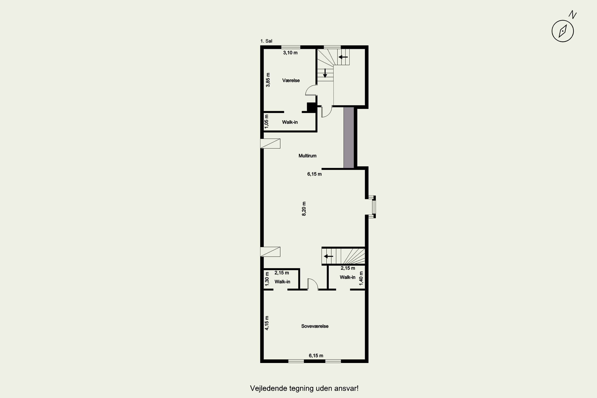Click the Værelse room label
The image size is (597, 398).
(291, 80)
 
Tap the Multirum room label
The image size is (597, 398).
(307, 156)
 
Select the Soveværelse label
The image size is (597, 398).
(315, 326)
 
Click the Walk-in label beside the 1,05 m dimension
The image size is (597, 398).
(290, 122)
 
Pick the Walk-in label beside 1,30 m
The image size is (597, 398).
(282, 282)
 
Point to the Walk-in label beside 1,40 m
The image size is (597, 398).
(347, 277)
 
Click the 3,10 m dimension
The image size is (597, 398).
(290, 53)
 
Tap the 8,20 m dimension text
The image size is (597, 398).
(304, 209)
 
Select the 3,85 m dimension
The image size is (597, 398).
(268, 80)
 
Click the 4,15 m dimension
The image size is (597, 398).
(267, 323)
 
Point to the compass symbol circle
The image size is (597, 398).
(563, 31)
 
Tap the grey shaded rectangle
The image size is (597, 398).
(349, 138)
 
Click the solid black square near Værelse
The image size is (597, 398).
(311, 107)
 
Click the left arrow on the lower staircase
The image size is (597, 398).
(329, 256)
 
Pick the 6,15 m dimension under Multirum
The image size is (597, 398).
(314, 174)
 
